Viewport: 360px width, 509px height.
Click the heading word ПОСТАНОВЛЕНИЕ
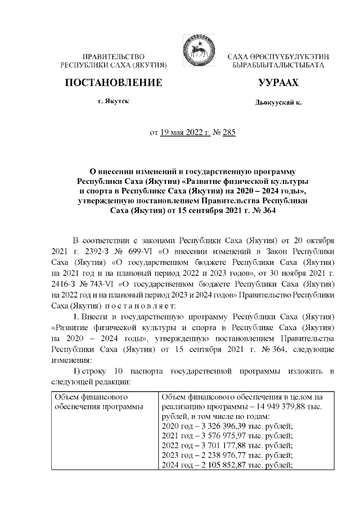click(x=114, y=83)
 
